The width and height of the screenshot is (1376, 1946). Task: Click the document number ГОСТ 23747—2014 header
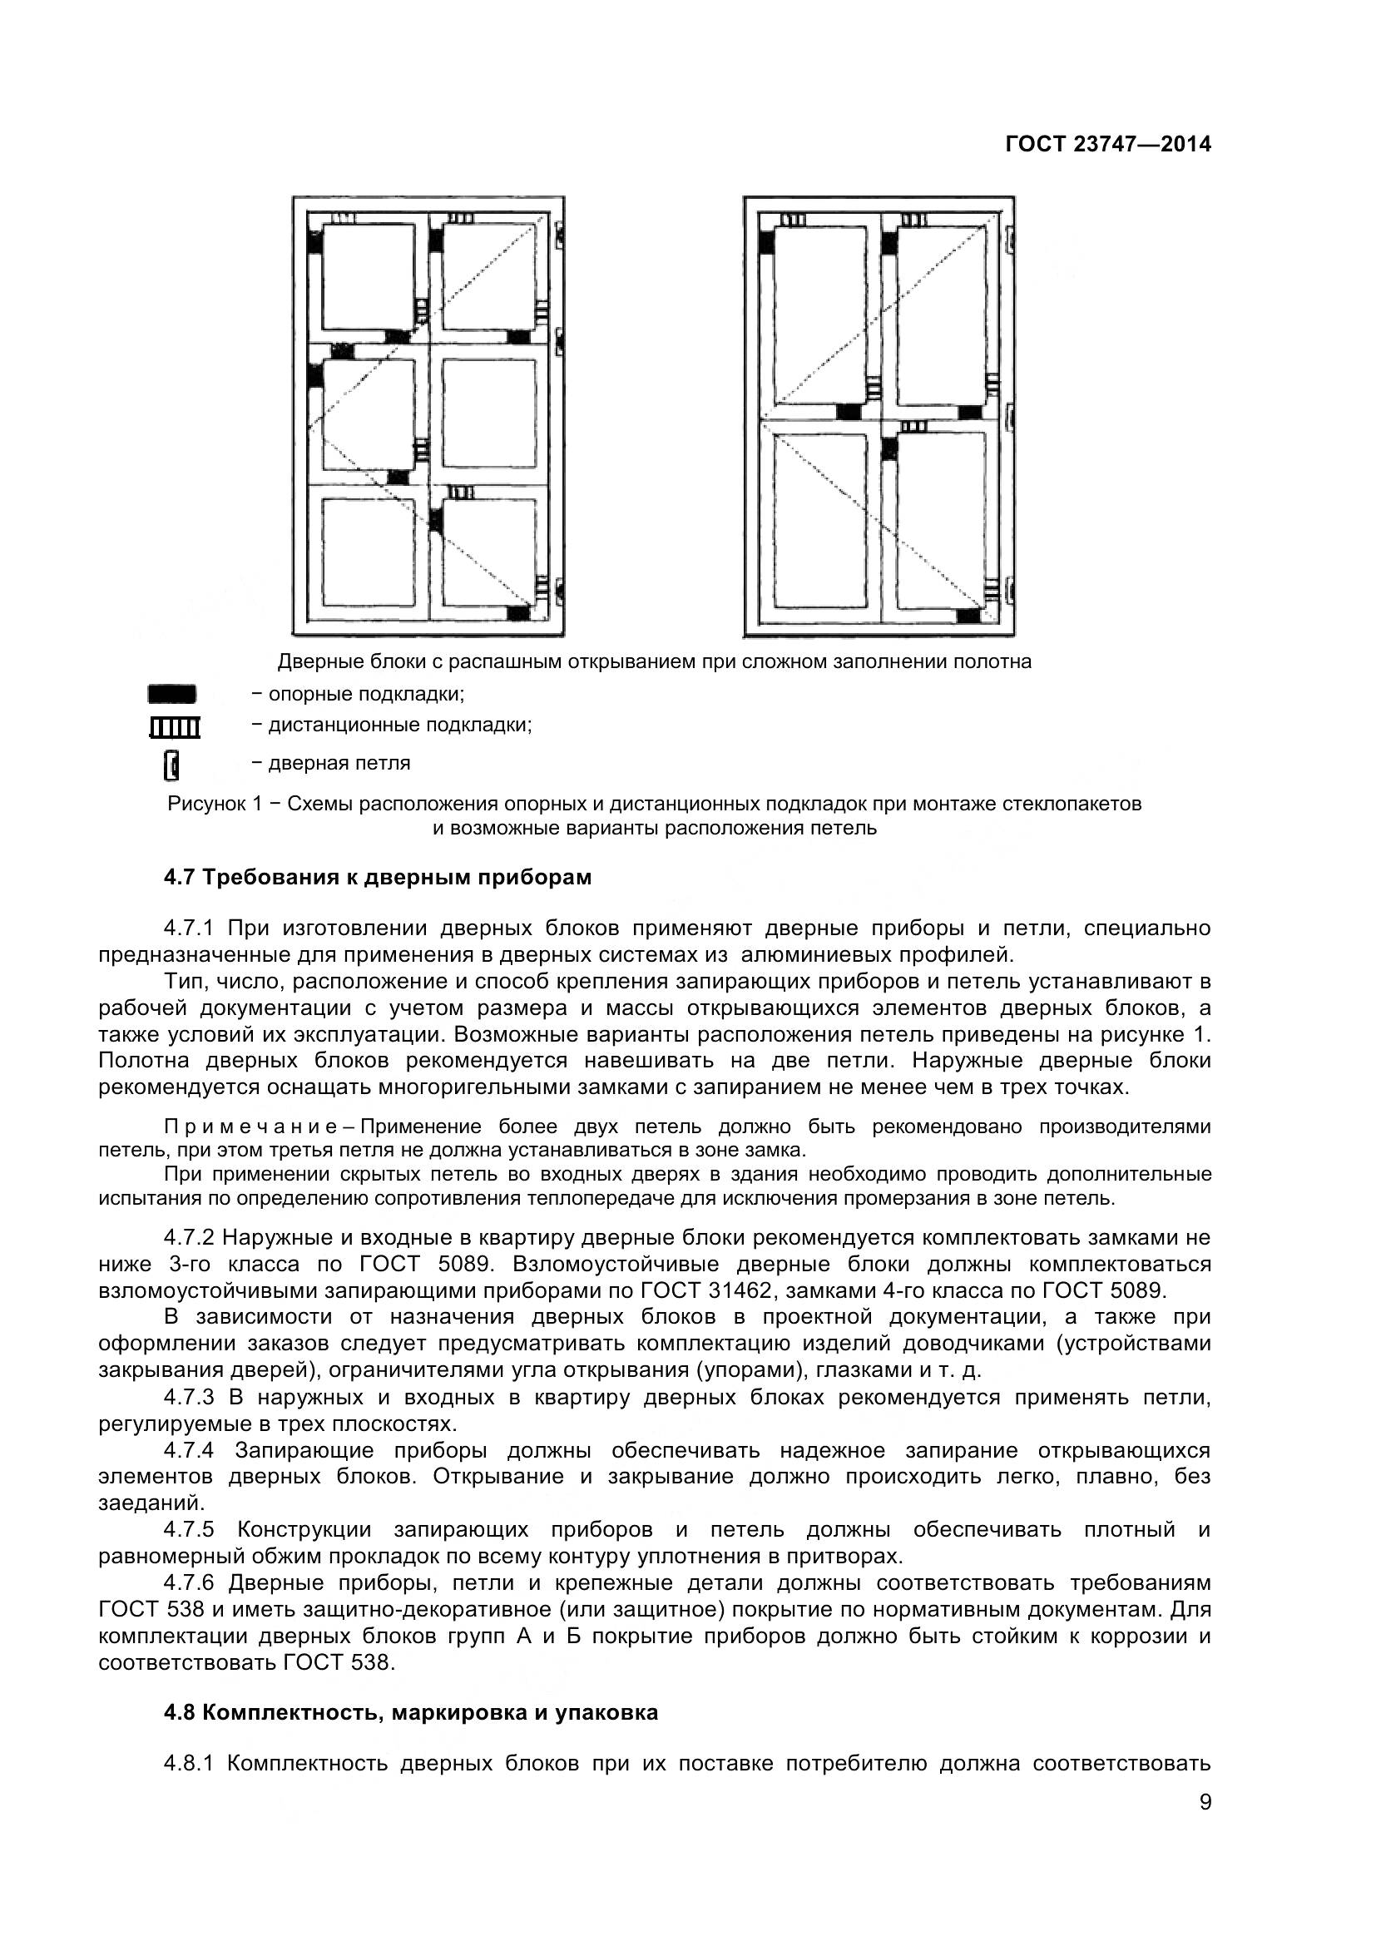(1107, 145)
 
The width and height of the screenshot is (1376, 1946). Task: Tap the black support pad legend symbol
(172, 694)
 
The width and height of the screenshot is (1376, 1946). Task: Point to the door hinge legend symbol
(171, 765)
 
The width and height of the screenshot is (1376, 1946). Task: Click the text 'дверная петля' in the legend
(339, 763)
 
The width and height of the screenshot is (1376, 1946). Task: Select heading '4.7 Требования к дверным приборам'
(377, 877)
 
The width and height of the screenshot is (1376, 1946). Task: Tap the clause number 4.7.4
(189, 1450)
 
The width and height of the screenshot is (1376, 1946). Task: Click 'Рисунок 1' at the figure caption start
(215, 804)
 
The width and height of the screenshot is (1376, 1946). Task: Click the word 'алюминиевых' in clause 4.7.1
(806, 955)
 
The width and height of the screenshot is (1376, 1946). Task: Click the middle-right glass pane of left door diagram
(489, 413)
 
